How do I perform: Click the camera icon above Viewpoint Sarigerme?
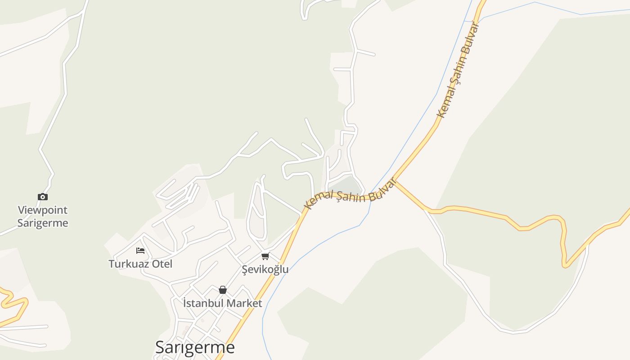pos(43,197)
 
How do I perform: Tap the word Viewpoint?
pos(43,210)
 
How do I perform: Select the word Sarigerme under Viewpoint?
pos(43,223)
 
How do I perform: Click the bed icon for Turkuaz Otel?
pos(140,250)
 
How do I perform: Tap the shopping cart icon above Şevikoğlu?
pos(265,256)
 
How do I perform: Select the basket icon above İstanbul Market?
pos(222,290)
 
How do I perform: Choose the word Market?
pos(244,303)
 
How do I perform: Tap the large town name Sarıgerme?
pos(195,347)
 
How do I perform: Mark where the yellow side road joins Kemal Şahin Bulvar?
pos(395,181)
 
